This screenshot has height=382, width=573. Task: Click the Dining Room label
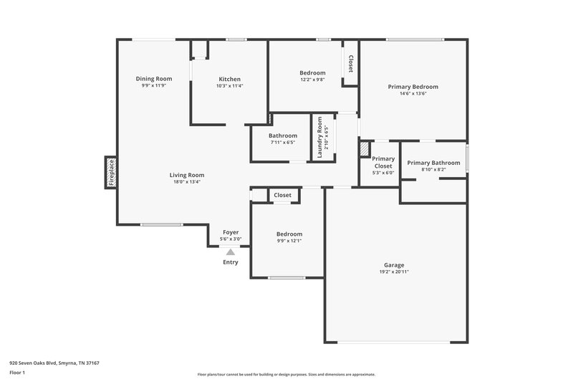pos(154,79)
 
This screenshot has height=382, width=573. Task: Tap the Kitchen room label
pos(229,79)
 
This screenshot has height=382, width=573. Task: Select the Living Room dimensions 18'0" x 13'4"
pos(187,182)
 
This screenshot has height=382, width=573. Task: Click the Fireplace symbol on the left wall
pos(111,173)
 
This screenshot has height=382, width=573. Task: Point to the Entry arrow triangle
pos(230,252)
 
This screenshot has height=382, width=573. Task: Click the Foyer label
pos(230,232)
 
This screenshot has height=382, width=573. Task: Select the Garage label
pos(394,264)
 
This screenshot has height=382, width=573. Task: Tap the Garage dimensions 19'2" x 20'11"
pos(394,272)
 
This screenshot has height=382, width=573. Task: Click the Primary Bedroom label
pos(413,87)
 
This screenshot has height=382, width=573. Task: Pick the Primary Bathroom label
pos(433,163)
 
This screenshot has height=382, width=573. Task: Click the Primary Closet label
pos(383,163)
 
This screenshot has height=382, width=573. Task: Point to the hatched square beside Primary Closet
pos(365,148)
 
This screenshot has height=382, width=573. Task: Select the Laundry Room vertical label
pos(320,137)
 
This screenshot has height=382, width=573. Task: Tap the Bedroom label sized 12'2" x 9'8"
pos(312,72)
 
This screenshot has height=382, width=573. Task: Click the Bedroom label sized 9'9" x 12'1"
pos(289,234)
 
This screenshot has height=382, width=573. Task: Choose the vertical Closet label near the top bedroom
pos(350,64)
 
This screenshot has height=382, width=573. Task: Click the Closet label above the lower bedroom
pos(282,195)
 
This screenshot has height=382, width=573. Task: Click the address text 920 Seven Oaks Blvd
pos(54,363)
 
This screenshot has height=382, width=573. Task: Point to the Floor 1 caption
pos(18,373)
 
